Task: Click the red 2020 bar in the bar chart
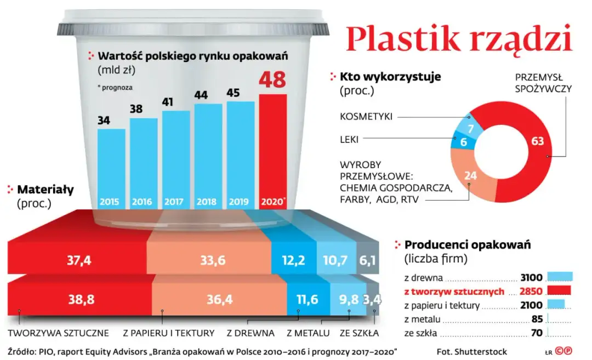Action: (272, 148)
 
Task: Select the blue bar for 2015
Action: (111, 164)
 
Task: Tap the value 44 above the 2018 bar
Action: (201, 95)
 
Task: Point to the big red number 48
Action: (272, 80)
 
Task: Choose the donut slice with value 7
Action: (469, 128)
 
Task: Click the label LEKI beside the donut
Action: (349, 140)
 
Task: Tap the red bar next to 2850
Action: (559, 291)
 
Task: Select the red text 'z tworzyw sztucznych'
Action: (454, 292)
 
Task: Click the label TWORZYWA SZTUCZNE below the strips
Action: (59, 333)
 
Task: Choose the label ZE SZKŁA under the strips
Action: (359, 333)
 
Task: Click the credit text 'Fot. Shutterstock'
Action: (472, 351)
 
